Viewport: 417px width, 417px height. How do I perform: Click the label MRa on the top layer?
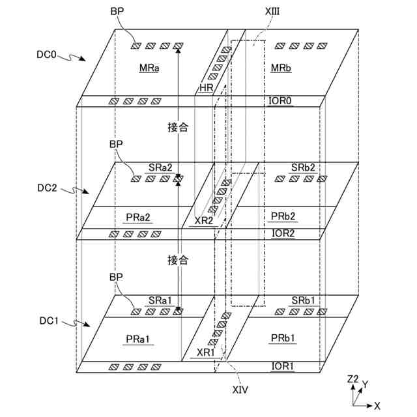(x=149, y=68)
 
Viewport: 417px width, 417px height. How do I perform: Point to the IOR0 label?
(x=282, y=101)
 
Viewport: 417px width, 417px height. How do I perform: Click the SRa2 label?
(x=160, y=167)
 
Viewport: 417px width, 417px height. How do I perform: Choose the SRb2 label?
(x=304, y=167)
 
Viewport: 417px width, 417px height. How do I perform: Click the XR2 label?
(x=204, y=220)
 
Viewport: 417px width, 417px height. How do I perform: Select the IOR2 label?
(x=282, y=233)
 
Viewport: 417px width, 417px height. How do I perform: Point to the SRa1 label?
(x=160, y=300)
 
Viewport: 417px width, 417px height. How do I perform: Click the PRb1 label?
(x=283, y=338)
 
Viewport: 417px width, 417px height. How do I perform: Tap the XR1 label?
(x=207, y=352)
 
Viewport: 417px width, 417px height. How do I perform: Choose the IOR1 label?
(x=282, y=366)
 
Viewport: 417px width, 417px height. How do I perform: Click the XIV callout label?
(x=239, y=390)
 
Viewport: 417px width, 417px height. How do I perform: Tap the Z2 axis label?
(x=353, y=379)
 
